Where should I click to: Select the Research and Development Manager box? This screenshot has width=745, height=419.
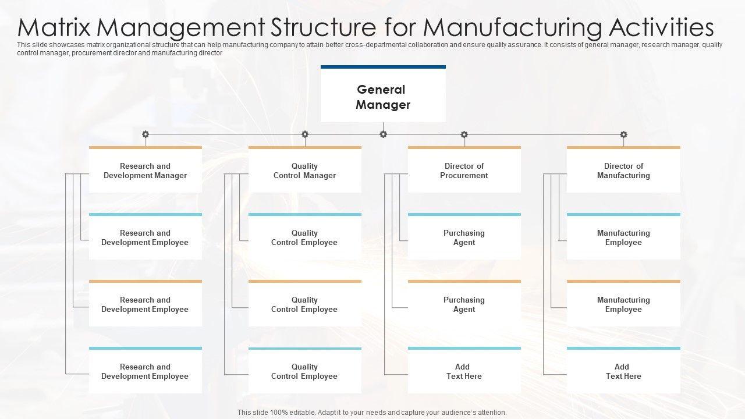(146, 171)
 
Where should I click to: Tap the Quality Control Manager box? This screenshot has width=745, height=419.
(304, 171)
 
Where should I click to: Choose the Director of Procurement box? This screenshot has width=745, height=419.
(464, 171)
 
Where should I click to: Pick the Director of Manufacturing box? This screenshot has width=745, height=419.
(623, 171)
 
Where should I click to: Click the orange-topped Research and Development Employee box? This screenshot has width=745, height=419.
(146, 304)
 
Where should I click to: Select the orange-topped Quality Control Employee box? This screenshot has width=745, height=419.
(304, 304)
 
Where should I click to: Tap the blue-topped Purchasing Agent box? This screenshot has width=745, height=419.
(464, 237)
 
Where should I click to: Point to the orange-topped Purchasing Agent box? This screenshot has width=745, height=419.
(464, 304)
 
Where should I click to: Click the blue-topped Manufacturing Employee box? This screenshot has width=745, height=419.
(623, 237)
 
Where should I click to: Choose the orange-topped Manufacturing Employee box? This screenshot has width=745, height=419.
(623, 304)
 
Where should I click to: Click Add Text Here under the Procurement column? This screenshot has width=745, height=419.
(464, 371)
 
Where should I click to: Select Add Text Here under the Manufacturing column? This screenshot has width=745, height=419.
(623, 371)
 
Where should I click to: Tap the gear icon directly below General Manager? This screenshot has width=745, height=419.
(383, 134)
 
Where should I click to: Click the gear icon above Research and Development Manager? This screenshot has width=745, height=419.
(146, 134)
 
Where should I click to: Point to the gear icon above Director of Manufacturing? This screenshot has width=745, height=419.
(623, 134)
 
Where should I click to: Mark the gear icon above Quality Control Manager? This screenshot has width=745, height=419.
(304, 134)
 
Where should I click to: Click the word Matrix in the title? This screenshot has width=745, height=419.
(55, 27)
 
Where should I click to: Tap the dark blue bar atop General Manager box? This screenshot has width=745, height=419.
(383, 67)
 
